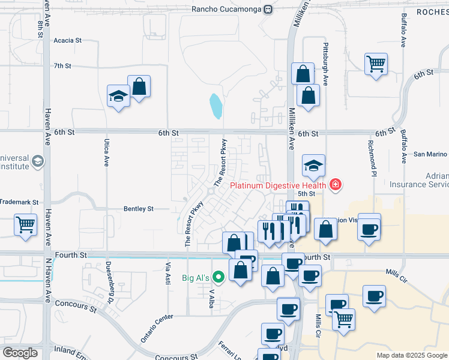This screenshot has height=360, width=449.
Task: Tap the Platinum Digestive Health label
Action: [280, 184]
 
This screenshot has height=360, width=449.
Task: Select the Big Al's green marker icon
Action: [218, 277]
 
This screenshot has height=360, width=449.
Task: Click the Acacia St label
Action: [67, 40]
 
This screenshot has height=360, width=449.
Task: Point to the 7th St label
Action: [62, 66]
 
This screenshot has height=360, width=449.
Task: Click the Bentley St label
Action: [139, 209]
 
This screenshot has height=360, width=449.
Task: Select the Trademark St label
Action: [19, 203]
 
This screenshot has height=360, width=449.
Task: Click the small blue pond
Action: [215, 106]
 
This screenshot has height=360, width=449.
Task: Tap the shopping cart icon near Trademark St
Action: [25, 225]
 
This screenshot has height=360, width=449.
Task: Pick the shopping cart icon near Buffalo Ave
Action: [376, 63]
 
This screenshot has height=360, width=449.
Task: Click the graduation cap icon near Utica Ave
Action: [118, 95]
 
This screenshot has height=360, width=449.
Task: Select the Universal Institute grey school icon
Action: [38, 161]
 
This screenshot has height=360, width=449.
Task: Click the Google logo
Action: [20, 353]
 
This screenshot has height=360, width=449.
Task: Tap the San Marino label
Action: [429, 154]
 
